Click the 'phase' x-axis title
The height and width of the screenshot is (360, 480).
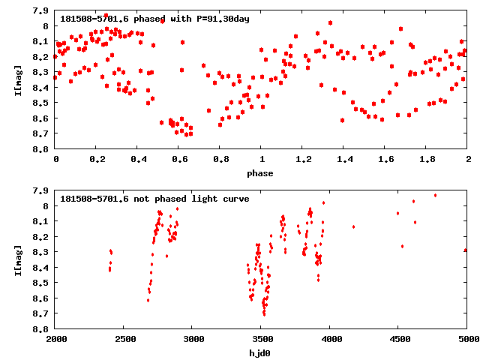click(x=261, y=173)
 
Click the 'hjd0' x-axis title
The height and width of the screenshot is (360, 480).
click(x=261, y=353)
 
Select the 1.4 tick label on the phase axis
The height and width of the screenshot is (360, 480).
click(x=343, y=160)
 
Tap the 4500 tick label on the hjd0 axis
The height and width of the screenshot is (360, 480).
click(x=398, y=340)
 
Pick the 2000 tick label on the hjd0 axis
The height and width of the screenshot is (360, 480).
click(x=55, y=340)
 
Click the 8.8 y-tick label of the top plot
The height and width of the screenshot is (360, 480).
click(x=43, y=149)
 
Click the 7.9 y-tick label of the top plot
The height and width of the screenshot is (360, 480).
click(x=43, y=11)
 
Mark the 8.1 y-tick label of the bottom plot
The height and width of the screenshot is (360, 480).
click(x=43, y=221)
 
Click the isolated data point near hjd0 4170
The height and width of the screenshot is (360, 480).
click(x=353, y=226)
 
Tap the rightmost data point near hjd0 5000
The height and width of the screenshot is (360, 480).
click(x=466, y=250)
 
